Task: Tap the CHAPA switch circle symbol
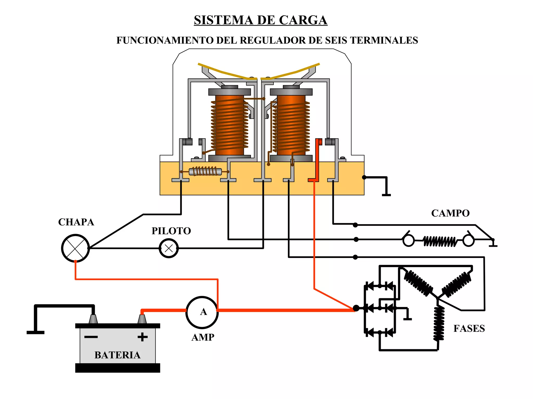point(75,248)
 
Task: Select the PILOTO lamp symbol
point(169,248)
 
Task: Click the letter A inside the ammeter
point(203,312)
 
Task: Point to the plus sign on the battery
point(142,337)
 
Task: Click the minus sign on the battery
point(91,337)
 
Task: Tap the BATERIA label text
point(117,355)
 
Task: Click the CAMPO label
point(450,213)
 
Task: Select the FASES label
point(469,329)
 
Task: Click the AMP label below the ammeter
point(203,337)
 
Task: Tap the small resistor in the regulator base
point(205,172)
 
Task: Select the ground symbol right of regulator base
point(386,194)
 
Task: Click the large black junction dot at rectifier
point(356,308)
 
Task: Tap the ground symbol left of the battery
point(35,332)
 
